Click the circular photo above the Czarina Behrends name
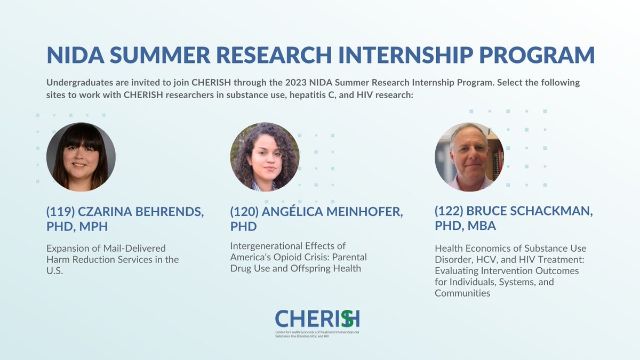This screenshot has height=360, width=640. pos(81,157)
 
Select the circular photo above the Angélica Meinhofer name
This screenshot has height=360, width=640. pos(265,157)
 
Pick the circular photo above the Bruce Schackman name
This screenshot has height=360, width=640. pos(469,157)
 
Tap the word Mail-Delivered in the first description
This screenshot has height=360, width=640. pos(135,249)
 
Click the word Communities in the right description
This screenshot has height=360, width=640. pos(462,293)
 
